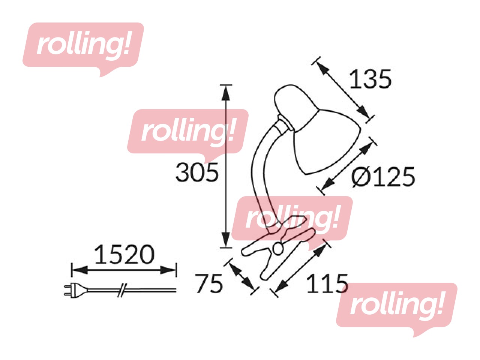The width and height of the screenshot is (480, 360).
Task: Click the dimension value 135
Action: (x=370, y=79)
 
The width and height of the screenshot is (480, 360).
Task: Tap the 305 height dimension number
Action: (x=197, y=172)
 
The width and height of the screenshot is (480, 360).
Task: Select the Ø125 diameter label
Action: (x=383, y=177)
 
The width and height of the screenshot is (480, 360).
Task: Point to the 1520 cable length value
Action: (x=124, y=254)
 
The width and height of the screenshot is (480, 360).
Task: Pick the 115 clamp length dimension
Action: (x=327, y=283)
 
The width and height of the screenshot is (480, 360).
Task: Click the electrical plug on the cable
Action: (x=75, y=290)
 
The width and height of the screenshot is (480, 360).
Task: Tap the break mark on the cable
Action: (x=122, y=290)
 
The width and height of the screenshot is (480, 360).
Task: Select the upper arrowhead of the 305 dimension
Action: (x=226, y=93)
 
